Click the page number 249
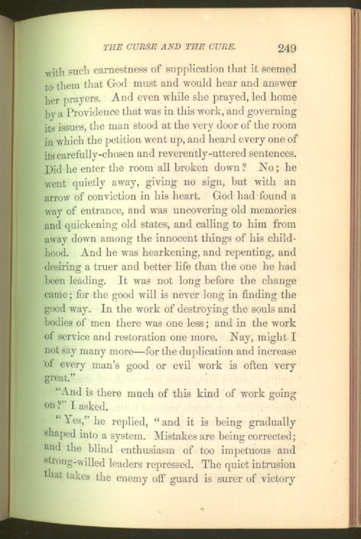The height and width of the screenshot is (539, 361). (286, 48)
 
